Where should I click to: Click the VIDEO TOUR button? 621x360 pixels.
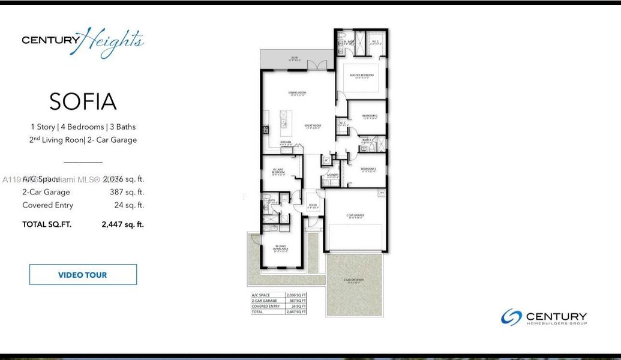83,275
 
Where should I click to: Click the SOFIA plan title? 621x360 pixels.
83,101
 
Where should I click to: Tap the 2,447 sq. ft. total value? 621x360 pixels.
122,224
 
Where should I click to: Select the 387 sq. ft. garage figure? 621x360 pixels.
124,192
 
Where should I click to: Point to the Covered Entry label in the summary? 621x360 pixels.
48,205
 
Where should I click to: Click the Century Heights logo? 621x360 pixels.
83,41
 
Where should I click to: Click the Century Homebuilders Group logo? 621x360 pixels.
544,317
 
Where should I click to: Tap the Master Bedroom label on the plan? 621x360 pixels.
362,75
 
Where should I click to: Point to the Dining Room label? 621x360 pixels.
298,92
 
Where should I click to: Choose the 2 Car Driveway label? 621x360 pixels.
354,280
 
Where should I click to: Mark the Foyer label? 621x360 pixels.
313,206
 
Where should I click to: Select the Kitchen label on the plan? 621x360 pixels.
286,142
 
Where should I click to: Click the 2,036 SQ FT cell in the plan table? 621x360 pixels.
296,296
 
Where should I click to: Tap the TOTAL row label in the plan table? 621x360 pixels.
257,312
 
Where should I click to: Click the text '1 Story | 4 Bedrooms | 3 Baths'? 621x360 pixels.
83,127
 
